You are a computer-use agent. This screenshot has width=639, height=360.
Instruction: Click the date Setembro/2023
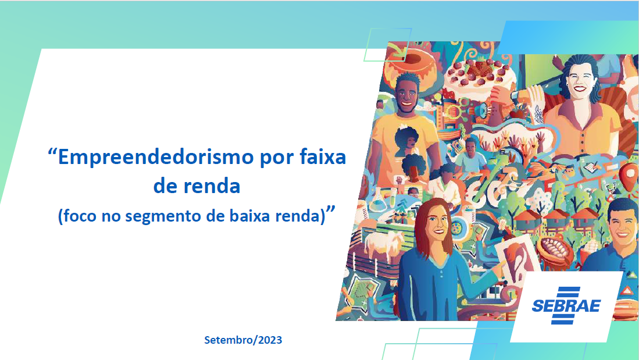click(243, 340)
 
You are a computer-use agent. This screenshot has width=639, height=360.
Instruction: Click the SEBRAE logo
click(566, 306)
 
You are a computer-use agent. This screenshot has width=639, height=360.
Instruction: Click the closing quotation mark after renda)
click(330, 210)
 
